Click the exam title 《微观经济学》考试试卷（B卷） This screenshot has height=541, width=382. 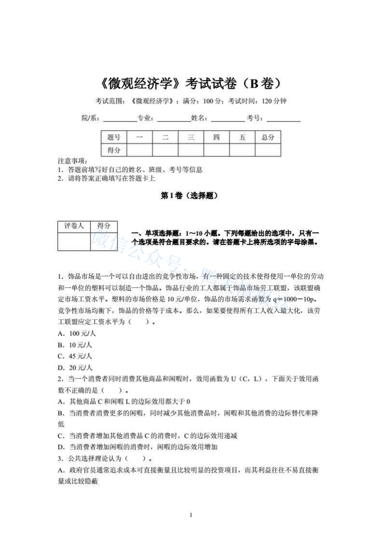[x=191, y=83]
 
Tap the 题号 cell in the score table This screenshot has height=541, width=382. [x=114, y=137]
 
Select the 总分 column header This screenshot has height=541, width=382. [x=268, y=137]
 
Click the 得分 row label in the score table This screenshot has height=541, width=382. [x=114, y=150]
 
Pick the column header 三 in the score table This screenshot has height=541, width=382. [x=191, y=137]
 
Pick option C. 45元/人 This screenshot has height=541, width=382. [x=75, y=356]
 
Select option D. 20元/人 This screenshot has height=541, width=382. [x=75, y=367]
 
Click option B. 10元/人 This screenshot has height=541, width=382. [x=75, y=345]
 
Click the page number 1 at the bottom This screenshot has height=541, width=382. [x=191, y=515]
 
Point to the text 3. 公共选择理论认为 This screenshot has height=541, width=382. [x=92, y=458]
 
